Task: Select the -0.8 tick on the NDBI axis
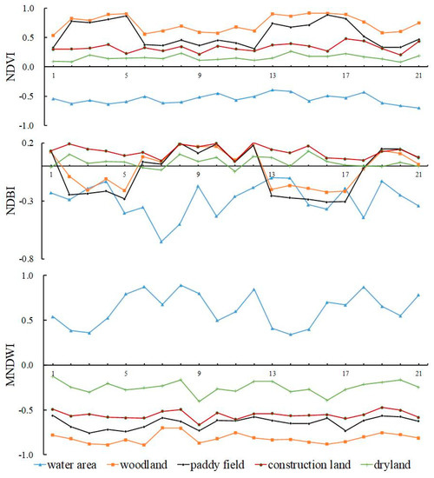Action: coord(30,259)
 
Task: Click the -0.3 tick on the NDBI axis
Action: coord(30,201)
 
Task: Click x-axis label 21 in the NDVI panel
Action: coord(418,76)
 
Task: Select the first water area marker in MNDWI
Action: coord(52,317)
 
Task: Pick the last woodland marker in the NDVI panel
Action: coord(418,23)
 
